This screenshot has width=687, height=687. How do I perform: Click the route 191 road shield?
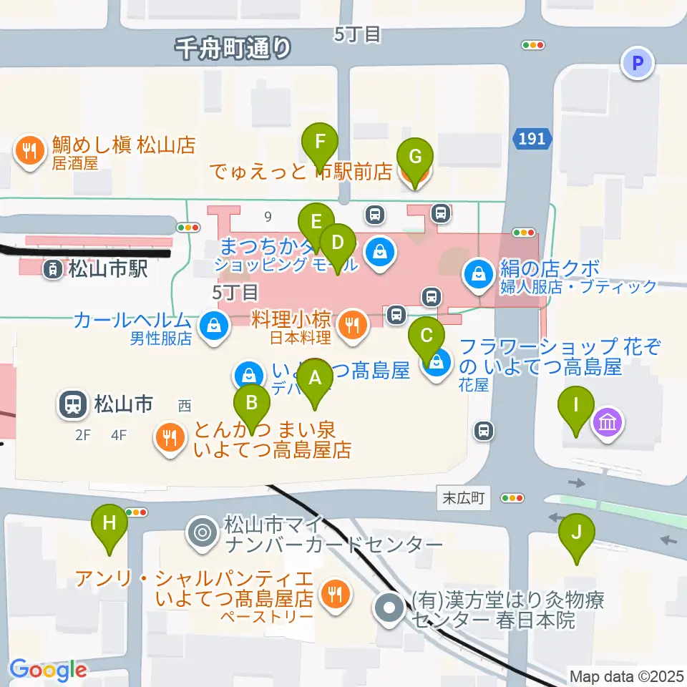(x=532, y=139)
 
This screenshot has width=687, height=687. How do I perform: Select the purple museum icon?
(x=607, y=425)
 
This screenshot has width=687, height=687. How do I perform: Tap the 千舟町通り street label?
(x=234, y=48)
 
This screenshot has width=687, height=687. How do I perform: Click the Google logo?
(x=47, y=670)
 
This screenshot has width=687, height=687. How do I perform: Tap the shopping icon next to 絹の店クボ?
(x=476, y=273)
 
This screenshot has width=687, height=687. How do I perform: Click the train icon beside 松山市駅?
(x=53, y=270)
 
